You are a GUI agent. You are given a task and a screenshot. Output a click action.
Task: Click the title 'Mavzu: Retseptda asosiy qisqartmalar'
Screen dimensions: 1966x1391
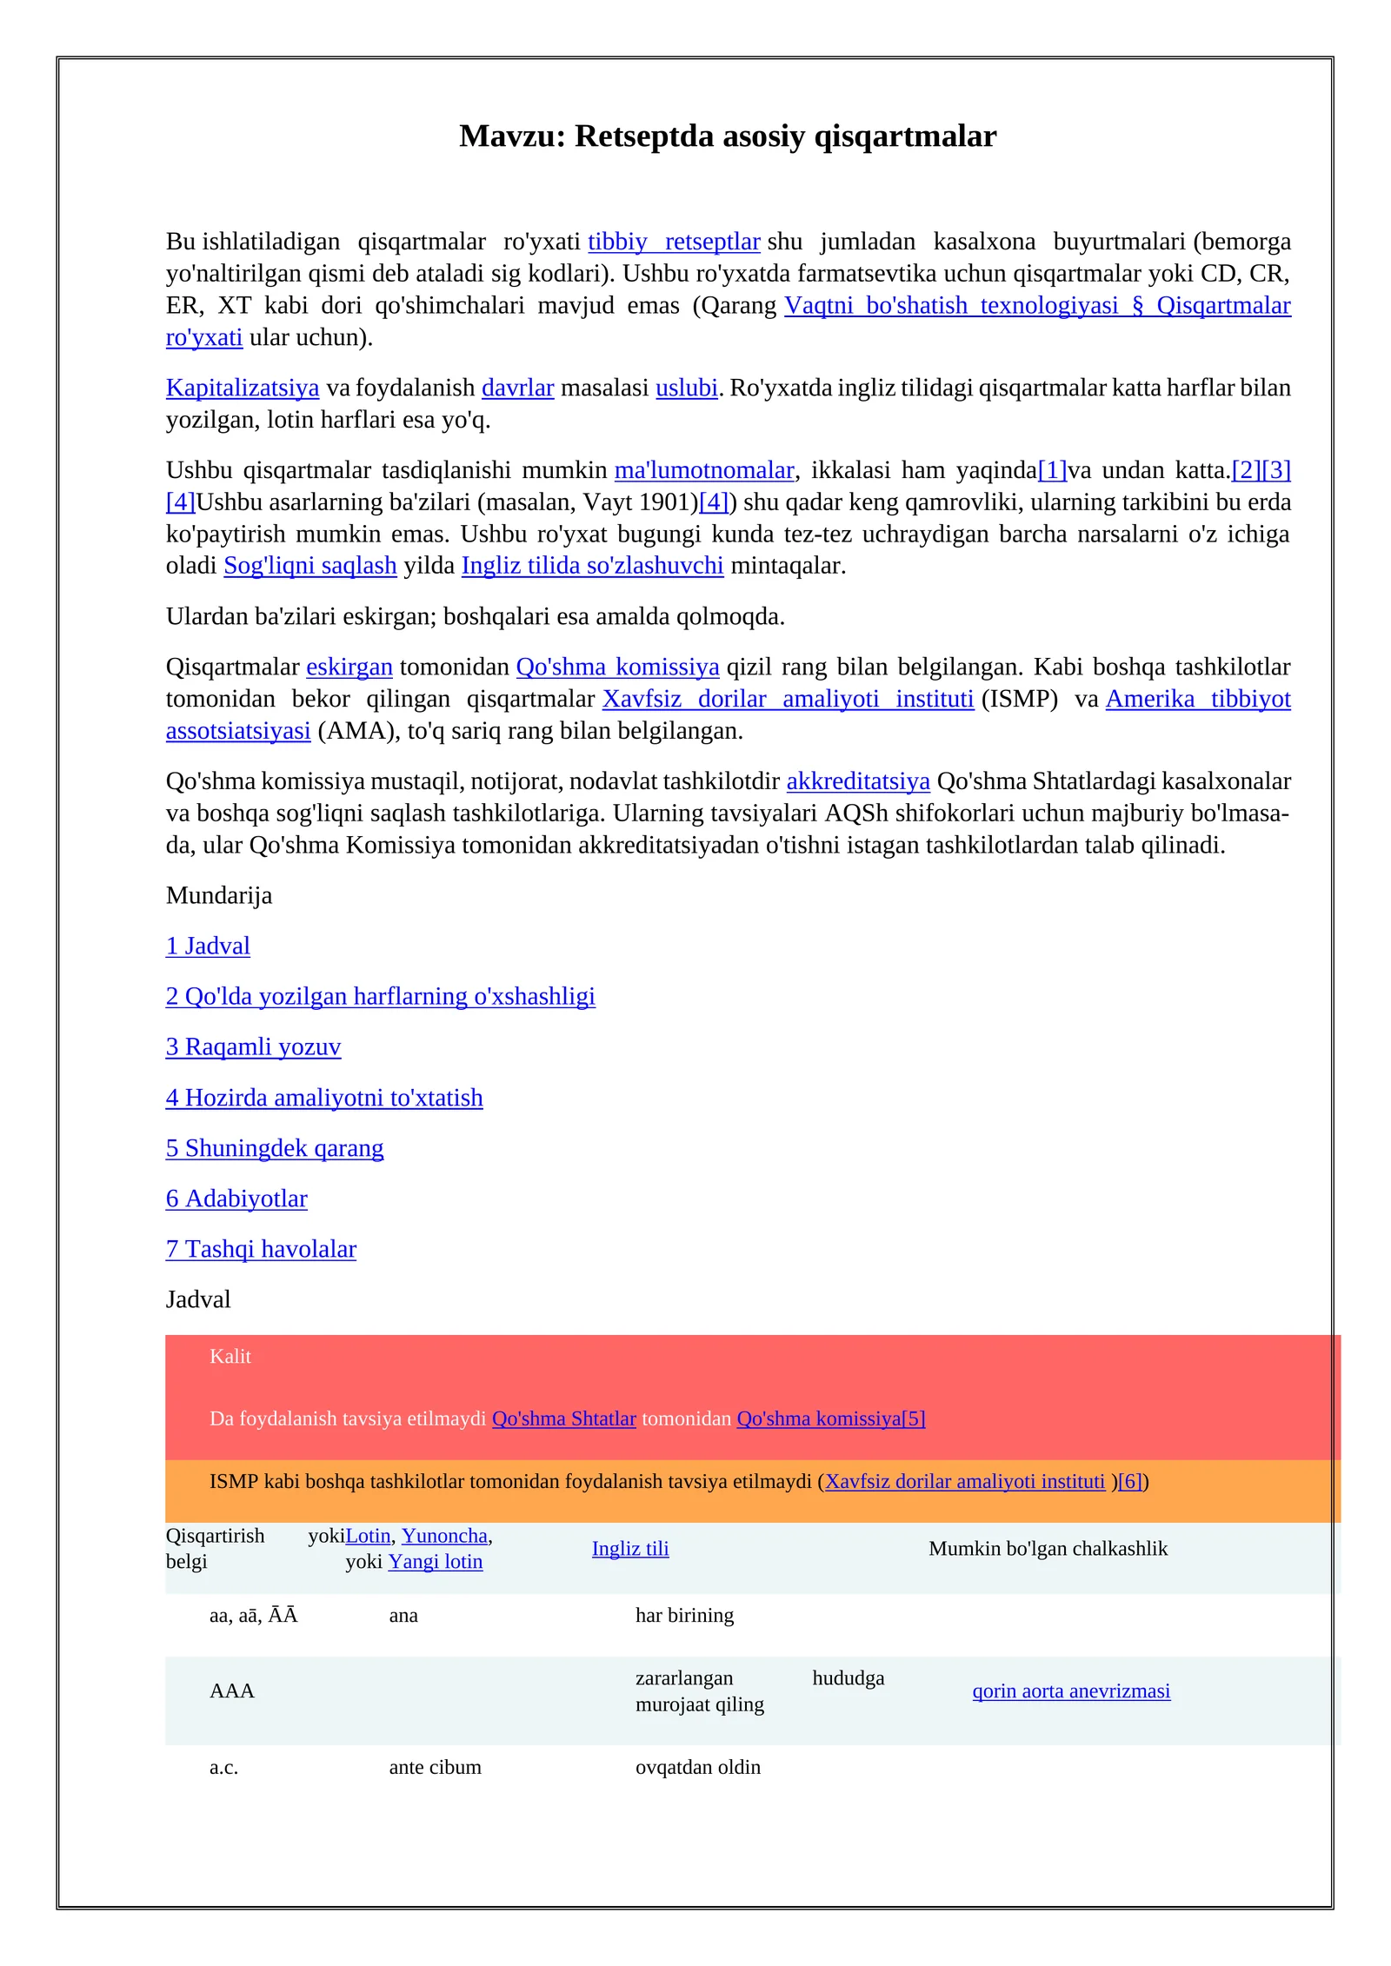(x=728, y=136)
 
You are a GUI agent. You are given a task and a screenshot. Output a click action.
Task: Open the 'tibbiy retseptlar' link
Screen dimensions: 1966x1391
(x=674, y=242)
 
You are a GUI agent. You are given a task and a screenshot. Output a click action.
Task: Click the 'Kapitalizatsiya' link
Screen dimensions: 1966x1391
(x=243, y=388)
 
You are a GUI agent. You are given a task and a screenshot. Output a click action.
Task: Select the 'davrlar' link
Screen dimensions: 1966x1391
(x=517, y=388)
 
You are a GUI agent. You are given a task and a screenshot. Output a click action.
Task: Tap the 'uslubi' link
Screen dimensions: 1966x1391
(x=686, y=388)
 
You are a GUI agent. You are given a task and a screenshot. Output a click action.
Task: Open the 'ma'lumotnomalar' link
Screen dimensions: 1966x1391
(x=704, y=470)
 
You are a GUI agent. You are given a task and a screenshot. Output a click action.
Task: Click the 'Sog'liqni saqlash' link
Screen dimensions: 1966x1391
(x=310, y=566)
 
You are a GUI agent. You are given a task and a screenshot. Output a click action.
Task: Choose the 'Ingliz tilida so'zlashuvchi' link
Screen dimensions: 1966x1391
(x=592, y=566)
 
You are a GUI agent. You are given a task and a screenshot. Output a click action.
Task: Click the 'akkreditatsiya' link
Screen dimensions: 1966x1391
(x=858, y=781)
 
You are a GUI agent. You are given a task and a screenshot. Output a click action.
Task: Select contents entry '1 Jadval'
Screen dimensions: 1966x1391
(x=208, y=946)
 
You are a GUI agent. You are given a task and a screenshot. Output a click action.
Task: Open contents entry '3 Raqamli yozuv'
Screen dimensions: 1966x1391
(x=253, y=1046)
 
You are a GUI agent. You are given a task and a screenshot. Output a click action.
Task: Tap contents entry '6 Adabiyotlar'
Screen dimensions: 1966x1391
(x=236, y=1199)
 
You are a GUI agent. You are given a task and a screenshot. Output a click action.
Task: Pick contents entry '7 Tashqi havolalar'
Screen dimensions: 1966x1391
(x=261, y=1249)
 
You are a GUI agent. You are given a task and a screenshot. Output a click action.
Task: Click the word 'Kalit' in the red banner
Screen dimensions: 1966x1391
(x=230, y=1357)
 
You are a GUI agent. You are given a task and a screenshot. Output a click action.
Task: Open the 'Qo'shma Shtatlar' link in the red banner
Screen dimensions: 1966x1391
(x=564, y=1418)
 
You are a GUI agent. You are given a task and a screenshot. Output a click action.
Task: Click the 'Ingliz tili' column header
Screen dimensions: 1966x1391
(x=630, y=1549)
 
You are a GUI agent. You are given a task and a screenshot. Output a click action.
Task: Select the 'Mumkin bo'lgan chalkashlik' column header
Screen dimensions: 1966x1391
(x=1048, y=1549)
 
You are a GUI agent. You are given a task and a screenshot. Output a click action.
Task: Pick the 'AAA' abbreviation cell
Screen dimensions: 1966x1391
(x=232, y=1691)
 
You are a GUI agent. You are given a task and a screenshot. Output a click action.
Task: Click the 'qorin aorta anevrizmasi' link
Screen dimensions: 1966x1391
(x=1071, y=1691)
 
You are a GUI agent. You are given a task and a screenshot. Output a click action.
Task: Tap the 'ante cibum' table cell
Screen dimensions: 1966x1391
(x=435, y=1768)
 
